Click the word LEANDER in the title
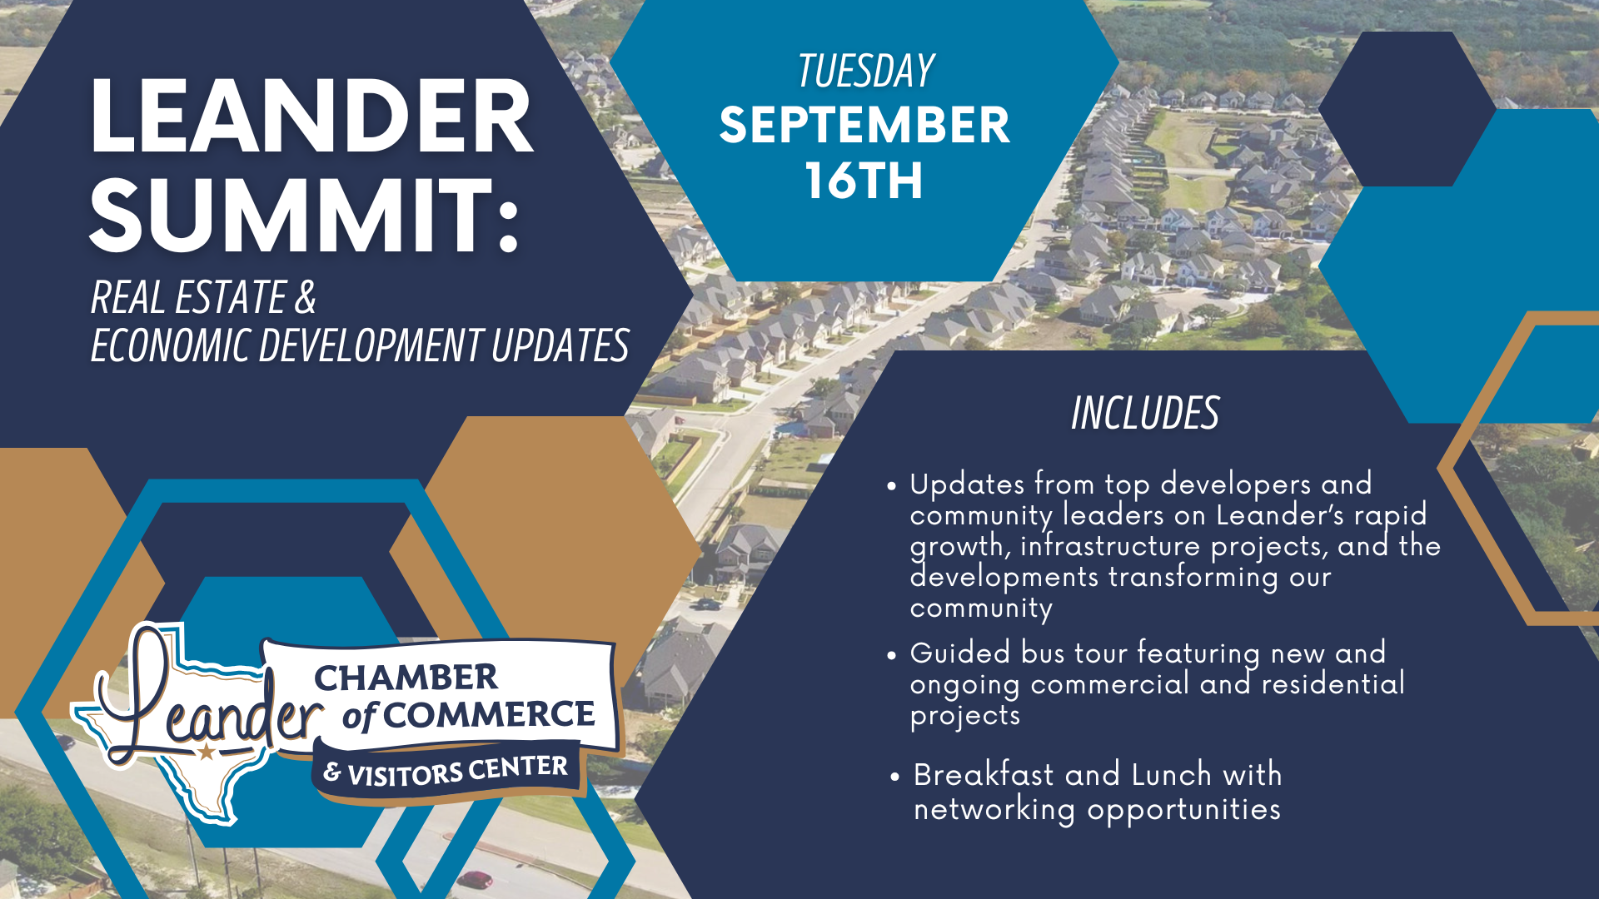pos(311,117)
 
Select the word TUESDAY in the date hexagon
pos(866,71)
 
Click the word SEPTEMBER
pos(864,125)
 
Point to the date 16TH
pos(864,180)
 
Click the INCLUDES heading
pos(1145,413)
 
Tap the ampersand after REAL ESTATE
pos(306,297)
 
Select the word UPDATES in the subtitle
pos(560,345)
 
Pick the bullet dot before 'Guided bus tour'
pos(892,655)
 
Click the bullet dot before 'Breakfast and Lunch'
pos(895,777)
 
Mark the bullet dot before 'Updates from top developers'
pos(892,485)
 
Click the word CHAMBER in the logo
pos(406,678)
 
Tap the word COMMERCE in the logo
pos(491,714)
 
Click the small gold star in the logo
pos(206,752)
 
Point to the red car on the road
pos(476,879)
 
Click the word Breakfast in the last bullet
pos(984,774)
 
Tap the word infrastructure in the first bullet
pos(1110,546)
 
